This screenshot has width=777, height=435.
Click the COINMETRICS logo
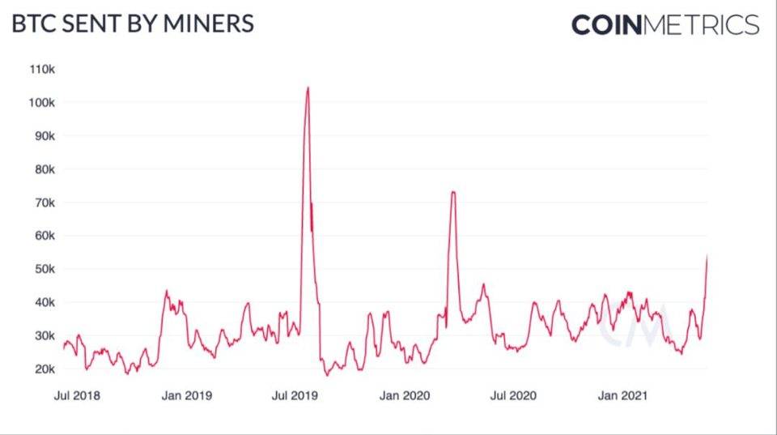(665, 24)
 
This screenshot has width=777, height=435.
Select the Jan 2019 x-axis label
(188, 395)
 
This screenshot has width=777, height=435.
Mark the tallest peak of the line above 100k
(308, 87)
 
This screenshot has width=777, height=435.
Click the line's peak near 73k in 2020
(453, 192)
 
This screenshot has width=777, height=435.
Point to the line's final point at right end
(707, 256)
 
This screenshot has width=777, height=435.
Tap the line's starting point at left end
(63, 348)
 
